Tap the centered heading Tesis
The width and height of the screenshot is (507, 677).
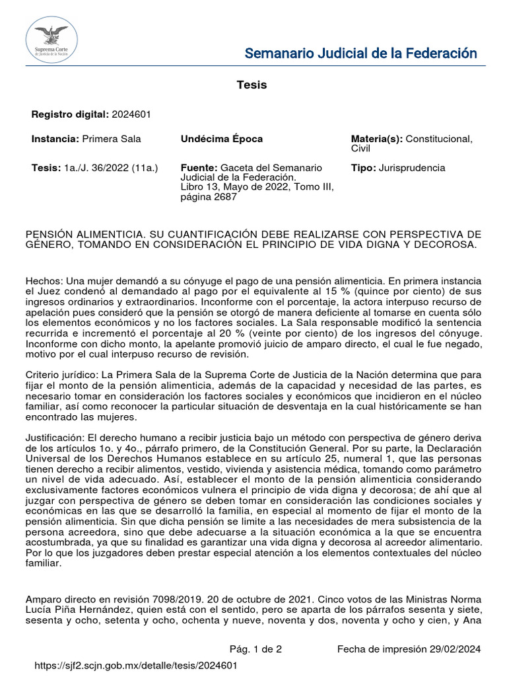[x=252, y=85]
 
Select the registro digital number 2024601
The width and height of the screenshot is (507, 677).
[x=131, y=114]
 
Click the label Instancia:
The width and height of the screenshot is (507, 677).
[x=55, y=139]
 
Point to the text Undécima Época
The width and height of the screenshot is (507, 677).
[x=222, y=139]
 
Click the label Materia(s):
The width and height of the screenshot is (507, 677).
[x=377, y=139]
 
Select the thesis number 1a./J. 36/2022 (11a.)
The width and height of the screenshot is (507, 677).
[x=112, y=168]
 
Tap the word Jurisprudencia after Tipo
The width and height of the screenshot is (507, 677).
[x=412, y=168]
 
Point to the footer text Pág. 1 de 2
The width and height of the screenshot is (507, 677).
[x=255, y=649]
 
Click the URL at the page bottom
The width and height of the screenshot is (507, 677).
[x=135, y=665]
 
